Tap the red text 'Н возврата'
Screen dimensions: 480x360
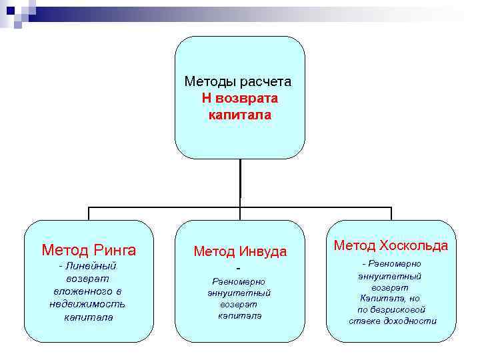[240, 99]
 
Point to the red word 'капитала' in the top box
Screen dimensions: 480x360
[240, 115]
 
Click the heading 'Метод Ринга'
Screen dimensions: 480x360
[89, 251]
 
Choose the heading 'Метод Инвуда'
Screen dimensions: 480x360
[240, 252]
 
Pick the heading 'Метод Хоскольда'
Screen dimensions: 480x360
[391, 246]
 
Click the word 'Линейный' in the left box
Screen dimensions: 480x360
[91, 267]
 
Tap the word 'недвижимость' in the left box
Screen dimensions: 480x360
[87, 304]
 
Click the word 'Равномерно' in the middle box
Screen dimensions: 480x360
[239, 281]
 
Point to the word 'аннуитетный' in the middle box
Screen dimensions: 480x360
[239, 292]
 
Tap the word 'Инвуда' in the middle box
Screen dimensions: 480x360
[265, 252]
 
